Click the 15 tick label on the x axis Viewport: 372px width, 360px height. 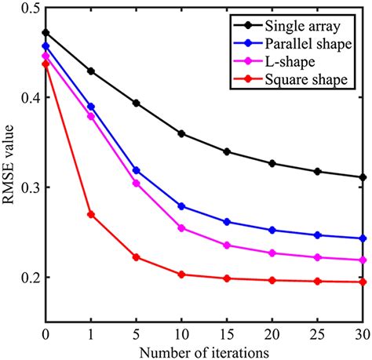(227, 329)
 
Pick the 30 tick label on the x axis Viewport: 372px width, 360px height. (362, 329)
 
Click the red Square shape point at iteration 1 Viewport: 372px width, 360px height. (90, 214)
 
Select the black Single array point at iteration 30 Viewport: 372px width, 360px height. (363, 177)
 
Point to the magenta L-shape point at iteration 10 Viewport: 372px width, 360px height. (181, 228)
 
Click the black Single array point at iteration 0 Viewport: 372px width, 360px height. (46, 33)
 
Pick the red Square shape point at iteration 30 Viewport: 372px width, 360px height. (363, 282)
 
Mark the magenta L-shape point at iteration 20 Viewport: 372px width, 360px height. (272, 253)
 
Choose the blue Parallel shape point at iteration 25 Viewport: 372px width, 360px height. (317, 235)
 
